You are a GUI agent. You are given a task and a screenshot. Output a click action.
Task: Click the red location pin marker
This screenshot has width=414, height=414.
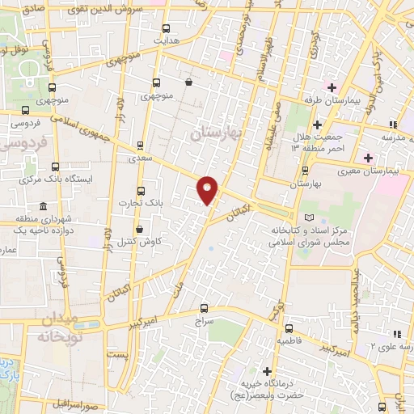click(208, 189)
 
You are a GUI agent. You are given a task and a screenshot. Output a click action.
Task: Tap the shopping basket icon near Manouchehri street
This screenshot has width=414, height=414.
click(188, 82)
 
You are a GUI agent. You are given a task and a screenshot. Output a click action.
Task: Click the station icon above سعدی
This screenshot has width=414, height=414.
click(141, 146)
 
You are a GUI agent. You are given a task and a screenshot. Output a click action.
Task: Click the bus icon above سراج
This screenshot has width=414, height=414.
click(203, 307)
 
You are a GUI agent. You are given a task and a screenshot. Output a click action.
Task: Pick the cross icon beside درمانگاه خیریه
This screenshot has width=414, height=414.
click(266, 371)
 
